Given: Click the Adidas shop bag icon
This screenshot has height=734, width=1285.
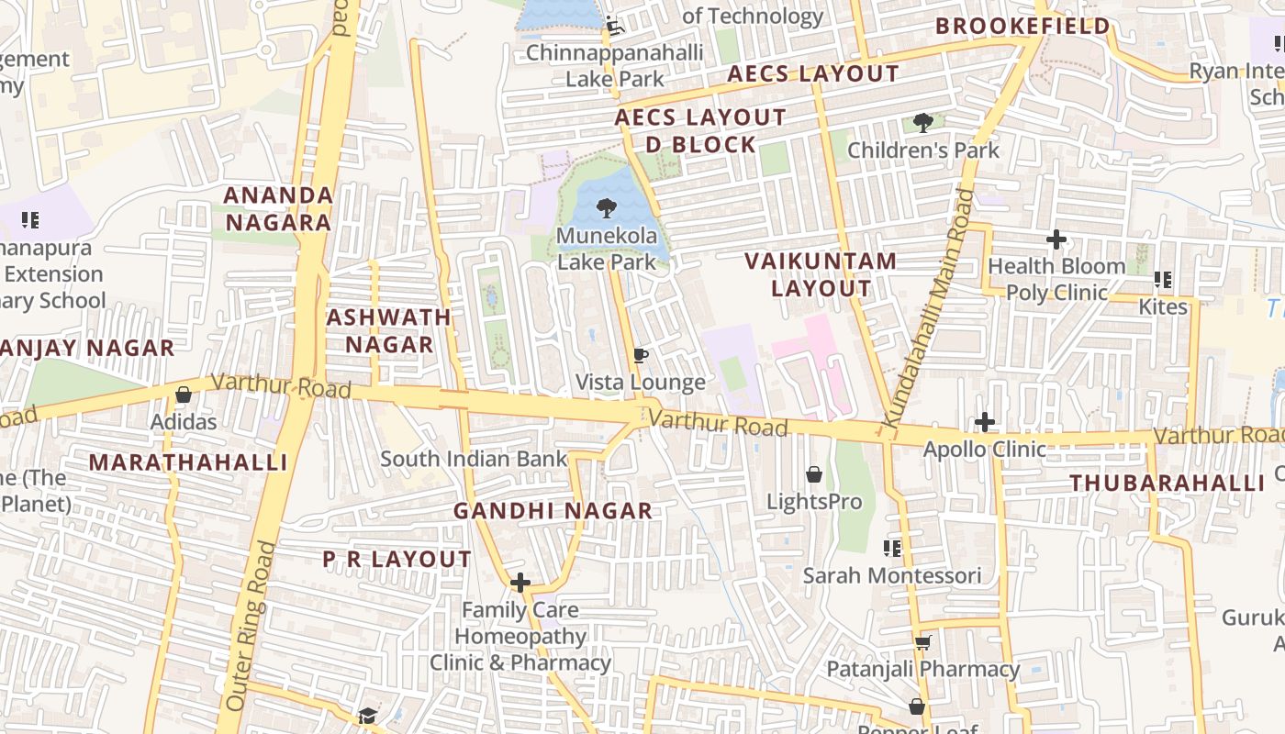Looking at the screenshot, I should tap(184, 395).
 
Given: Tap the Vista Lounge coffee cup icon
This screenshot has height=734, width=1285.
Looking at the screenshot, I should tap(641, 355).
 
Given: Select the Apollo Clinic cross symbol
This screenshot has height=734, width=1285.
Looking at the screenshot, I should tap(985, 422).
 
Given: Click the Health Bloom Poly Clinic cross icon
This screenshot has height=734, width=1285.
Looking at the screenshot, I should tap(1056, 239).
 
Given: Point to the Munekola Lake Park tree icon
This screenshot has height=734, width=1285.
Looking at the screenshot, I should tap(606, 208).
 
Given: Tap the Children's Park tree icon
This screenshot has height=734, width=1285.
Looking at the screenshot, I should tap(922, 122).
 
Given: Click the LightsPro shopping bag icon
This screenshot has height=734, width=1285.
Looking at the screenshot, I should tap(814, 474).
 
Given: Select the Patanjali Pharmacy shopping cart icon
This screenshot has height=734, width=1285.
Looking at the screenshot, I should tap(922, 642).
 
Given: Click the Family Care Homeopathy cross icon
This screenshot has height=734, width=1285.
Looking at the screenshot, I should tap(520, 583).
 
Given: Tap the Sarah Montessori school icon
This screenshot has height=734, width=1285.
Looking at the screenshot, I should tap(891, 549).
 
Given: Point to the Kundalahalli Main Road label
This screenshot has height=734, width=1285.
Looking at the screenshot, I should tap(928, 307).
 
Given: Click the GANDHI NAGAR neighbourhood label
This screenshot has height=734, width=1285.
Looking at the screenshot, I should tap(553, 511).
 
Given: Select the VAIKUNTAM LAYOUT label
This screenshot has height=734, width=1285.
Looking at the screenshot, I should tap(821, 274).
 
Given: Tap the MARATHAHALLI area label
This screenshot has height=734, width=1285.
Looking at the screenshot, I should tap(188, 462).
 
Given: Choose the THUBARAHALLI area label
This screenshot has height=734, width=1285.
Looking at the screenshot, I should tap(1167, 483).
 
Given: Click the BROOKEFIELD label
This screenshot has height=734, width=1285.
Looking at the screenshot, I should tap(1022, 27).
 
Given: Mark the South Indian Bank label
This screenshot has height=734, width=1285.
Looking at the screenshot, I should tap(474, 459).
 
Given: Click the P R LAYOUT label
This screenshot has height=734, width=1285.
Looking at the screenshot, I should tap(397, 559).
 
